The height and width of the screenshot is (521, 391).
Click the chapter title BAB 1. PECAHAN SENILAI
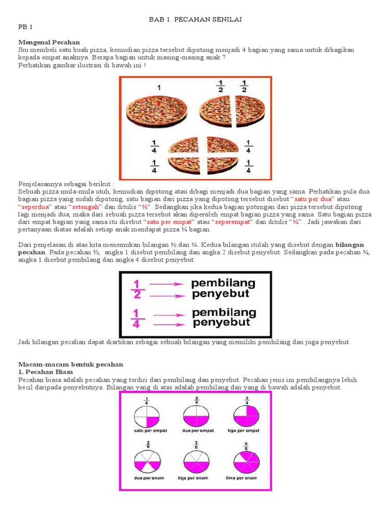pyautogui.click(x=195, y=19)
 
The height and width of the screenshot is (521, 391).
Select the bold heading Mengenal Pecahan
pyautogui.click(x=49, y=42)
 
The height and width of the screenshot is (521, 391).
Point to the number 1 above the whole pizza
pyautogui.click(x=159, y=88)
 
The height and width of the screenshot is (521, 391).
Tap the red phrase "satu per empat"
pyautogui.click(x=170, y=222)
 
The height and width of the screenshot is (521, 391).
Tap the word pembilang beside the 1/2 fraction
pyautogui.click(x=224, y=283)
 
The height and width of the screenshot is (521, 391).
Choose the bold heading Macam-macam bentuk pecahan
pyautogui.click(x=71, y=364)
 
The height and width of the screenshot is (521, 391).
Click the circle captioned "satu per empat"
pyautogui.click(x=147, y=415)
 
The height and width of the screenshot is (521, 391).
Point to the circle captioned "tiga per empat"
pyautogui.click(x=246, y=415)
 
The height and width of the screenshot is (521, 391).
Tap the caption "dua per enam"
pyautogui.click(x=146, y=478)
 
